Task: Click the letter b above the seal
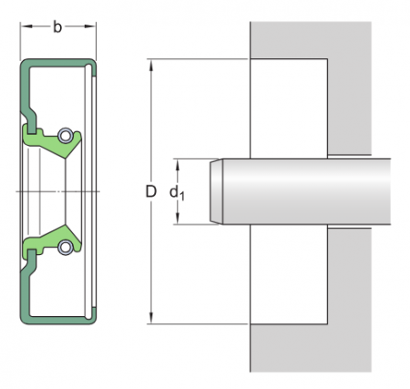(57, 27)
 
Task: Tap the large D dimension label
(150, 191)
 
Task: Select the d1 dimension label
(176, 191)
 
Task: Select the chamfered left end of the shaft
(217, 191)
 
